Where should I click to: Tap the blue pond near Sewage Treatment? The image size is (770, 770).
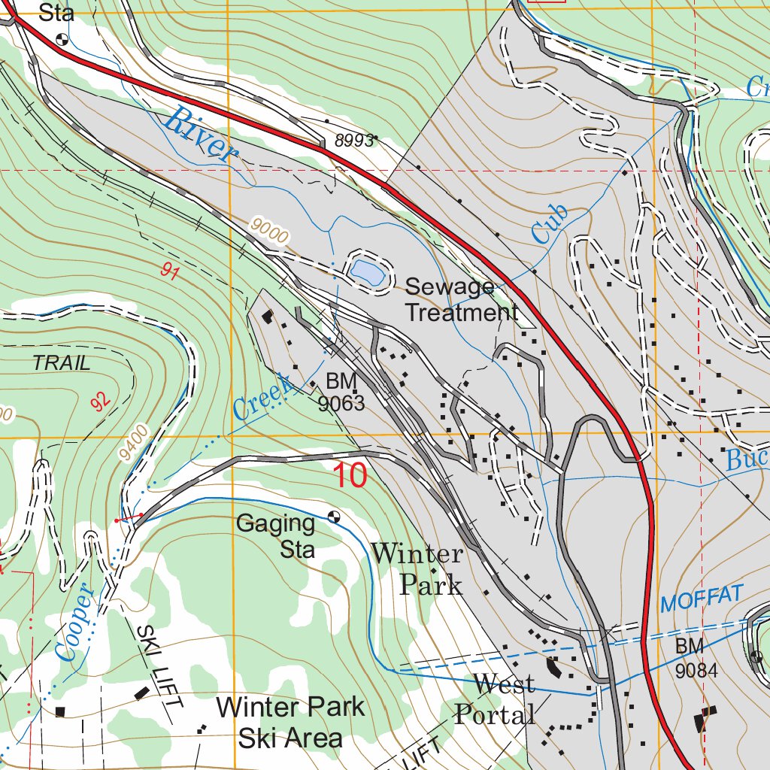(366, 272)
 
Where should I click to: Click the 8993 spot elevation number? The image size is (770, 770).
(356, 141)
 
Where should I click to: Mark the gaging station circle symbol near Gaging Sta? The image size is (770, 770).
(334, 517)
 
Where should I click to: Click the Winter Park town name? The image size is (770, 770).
(418, 568)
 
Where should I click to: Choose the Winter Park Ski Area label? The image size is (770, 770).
(290, 722)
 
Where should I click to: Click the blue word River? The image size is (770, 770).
(199, 135)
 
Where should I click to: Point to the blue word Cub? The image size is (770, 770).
(549, 224)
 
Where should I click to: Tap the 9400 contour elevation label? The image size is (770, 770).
(133, 442)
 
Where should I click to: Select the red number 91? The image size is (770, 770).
(170, 272)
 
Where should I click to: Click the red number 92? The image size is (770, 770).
(100, 400)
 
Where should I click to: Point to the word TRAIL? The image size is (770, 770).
(62, 363)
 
